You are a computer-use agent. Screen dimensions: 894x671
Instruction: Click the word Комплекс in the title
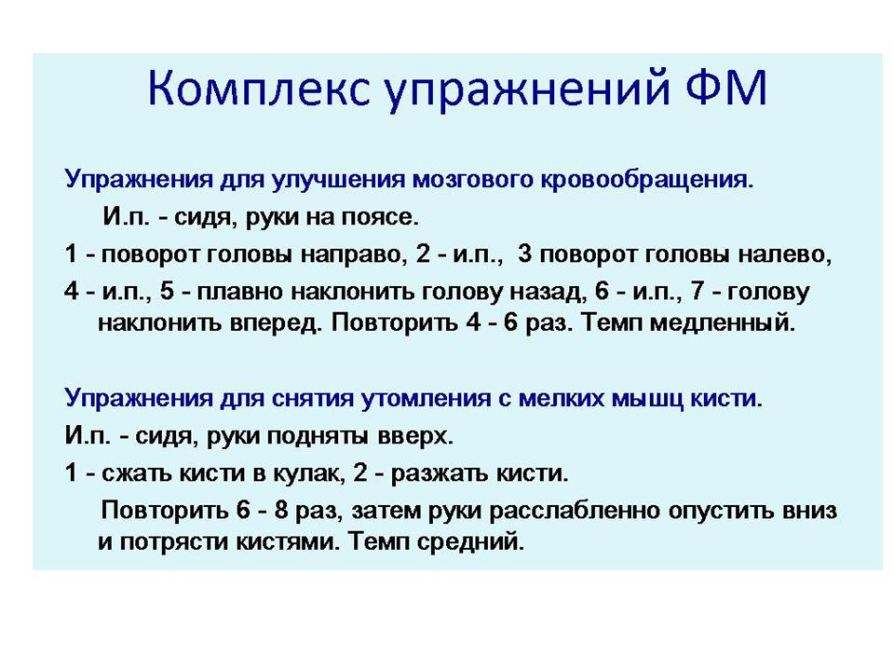coord(259,89)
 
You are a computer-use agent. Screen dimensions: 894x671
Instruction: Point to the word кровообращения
coord(646,180)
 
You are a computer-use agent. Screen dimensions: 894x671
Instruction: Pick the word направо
coord(354,254)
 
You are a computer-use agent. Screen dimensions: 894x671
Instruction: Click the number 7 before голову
coord(698,291)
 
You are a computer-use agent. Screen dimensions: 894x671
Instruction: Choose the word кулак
coord(309,473)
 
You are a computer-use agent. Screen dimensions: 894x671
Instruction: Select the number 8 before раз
coord(281,510)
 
